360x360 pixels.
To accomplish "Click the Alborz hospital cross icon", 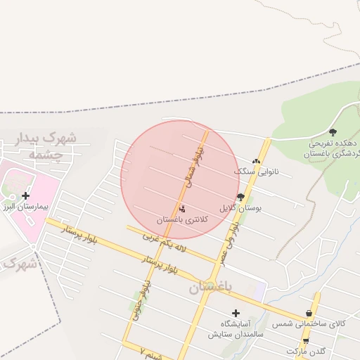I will pyautogui.click(x=26, y=195).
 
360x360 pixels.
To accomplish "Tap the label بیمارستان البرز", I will pyautogui.click(x=25, y=209).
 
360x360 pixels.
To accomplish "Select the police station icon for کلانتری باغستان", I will pyautogui.click(x=183, y=208).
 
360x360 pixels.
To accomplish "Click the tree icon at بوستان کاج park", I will pyautogui.click(x=240, y=197).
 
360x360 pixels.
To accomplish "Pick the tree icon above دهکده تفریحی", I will pyautogui.click(x=333, y=131).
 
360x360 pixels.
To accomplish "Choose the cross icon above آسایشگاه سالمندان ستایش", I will pyautogui.click(x=236, y=313).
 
